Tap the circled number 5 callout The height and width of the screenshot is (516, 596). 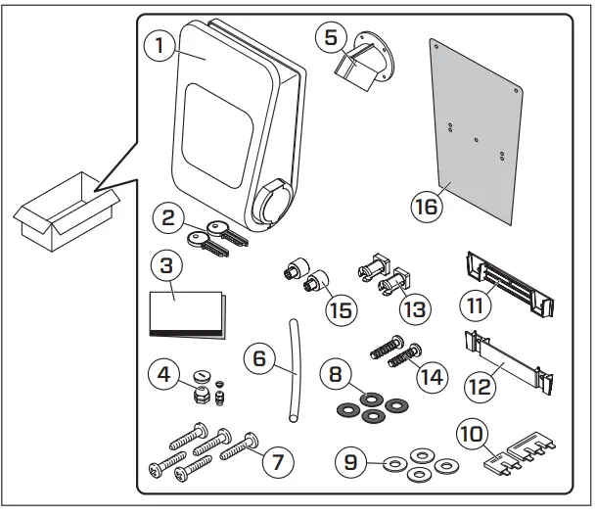(x=331, y=38)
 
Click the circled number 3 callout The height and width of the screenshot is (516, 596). (x=168, y=267)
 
